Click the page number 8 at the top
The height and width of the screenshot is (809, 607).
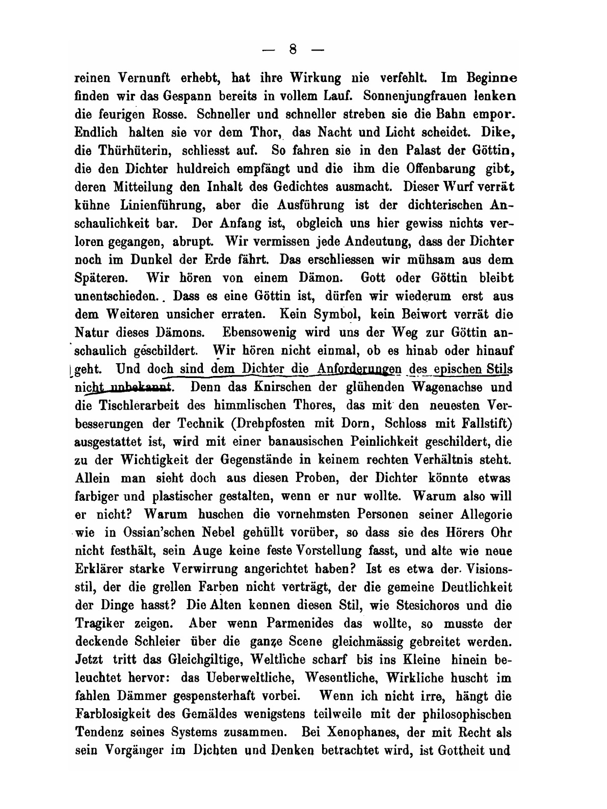click(x=293, y=49)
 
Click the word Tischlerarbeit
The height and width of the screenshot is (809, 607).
click(x=134, y=405)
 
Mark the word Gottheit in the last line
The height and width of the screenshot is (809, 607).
click(x=457, y=751)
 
